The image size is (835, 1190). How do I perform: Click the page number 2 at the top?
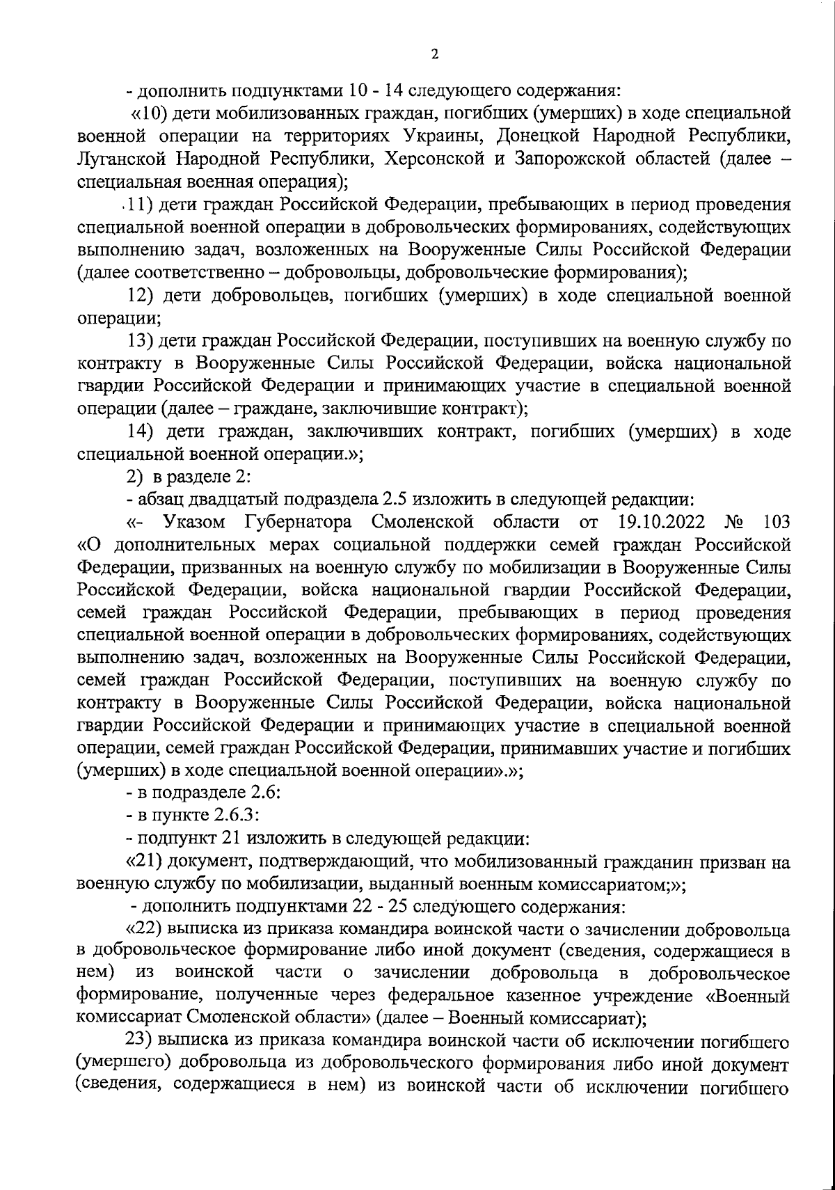point(434,54)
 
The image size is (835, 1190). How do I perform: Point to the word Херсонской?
point(432,159)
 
